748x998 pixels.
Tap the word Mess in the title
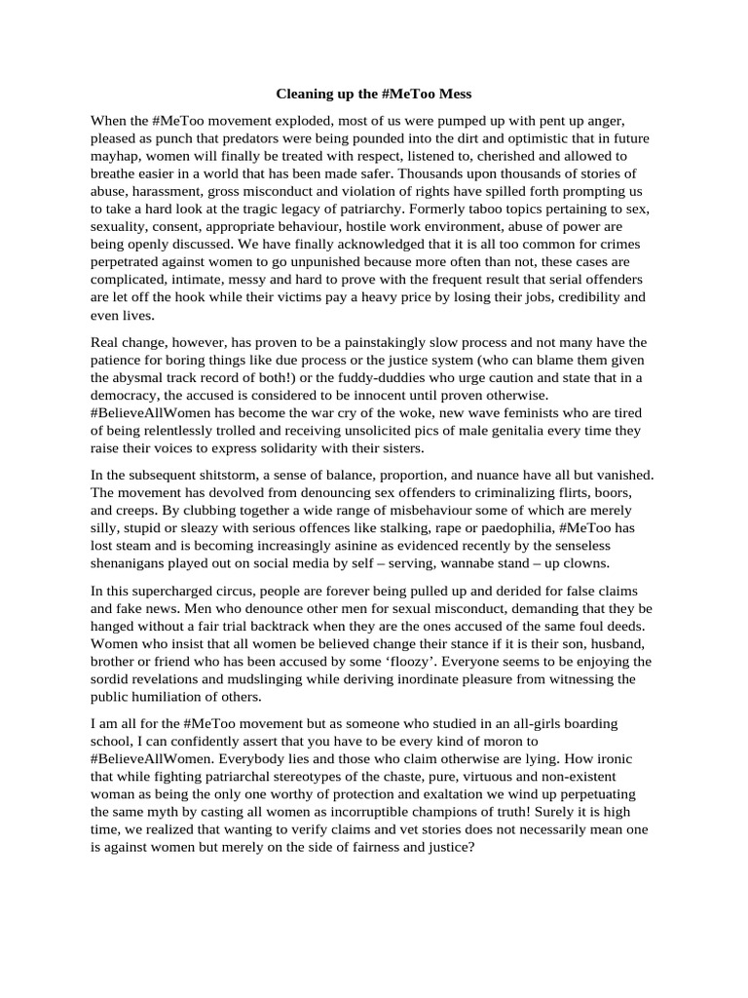pyautogui.click(x=452, y=95)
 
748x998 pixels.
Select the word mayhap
pyautogui.click(x=117, y=156)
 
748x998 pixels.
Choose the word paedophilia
pyautogui.click(x=496, y=528)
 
